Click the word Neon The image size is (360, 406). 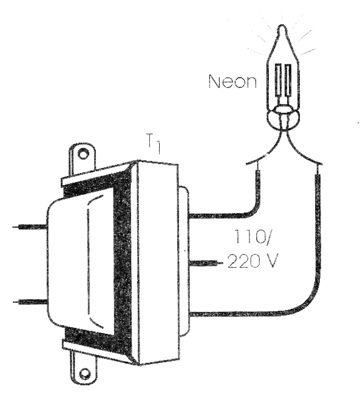(x=233, y=81)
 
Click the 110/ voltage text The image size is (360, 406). (x=252, y=236)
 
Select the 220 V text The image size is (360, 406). (x=253, y=260)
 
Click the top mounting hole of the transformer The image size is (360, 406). (x=83, y=154)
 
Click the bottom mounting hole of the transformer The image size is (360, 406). (x=84, y=374)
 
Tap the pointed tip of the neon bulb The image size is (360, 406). (x=282, y=25)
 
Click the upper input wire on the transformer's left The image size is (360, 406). (x=30, y=227)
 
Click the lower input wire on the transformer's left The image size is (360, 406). (x=30, y=302)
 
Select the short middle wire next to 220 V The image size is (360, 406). (x=206, y=263)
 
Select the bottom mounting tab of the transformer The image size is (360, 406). (x=84, y=368)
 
